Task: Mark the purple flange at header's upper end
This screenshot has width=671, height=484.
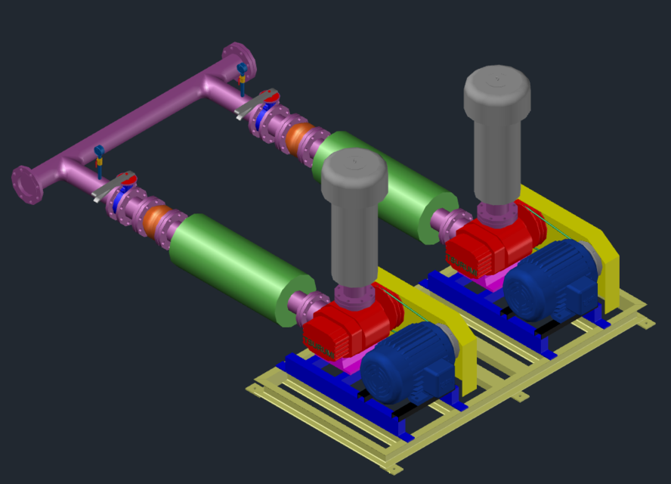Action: coord(239,59)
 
